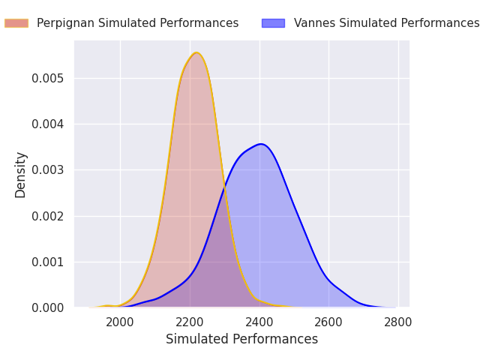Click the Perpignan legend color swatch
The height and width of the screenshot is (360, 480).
pos(16,23)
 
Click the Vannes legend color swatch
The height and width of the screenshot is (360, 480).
pos(273,23)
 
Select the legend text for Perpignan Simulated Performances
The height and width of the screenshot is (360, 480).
pos(138,23)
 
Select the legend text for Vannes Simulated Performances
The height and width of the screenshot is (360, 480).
pos(387,23)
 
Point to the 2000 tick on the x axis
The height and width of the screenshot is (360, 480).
pos(120,322)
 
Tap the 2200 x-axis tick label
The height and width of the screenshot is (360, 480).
pos(190,322)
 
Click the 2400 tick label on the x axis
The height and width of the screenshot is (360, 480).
pos(259,322)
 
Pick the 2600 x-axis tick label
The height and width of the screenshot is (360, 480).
pos(328,322)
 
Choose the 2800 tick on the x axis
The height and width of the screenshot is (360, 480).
pos(398,322)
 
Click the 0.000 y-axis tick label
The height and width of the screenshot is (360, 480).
pos(48,307)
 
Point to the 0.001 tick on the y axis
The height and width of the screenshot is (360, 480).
pos(48,262)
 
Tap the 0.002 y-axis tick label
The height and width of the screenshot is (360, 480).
pos(48,216)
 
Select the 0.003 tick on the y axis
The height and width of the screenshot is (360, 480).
pos(48,170)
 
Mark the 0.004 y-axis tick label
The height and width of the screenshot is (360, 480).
pos(48,124)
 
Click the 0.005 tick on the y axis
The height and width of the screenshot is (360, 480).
pos(48,78)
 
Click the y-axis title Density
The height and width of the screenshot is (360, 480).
pos(20,175)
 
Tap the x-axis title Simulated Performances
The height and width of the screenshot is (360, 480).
pos(241,339)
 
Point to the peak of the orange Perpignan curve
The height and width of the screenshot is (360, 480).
pos(196,53)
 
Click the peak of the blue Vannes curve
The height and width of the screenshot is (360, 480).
pos(261,144)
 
